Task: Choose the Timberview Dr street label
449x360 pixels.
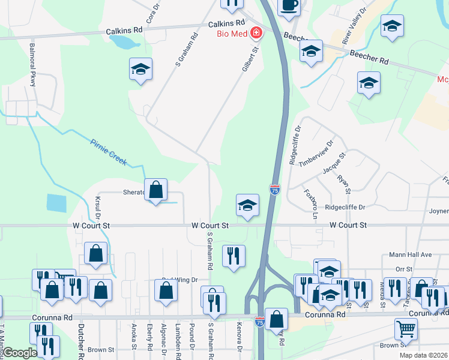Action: [316, 153]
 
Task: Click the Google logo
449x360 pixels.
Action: [20, 353]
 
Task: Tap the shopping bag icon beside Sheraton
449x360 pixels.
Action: [155, 190]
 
